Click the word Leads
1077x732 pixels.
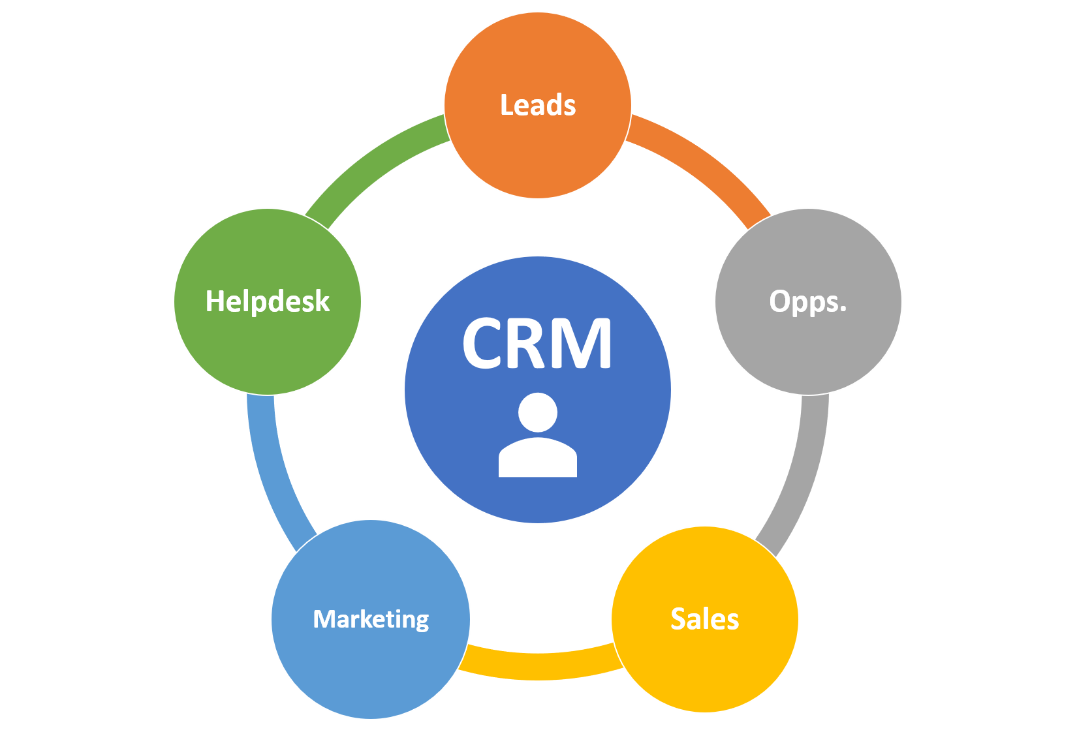coord(538,105)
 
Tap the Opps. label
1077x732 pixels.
coord(807,301)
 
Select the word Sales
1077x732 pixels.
coord(704,618)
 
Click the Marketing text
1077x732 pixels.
coord(371,618)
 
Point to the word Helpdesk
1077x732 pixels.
coord(267,301)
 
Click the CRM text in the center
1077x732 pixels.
coord(537,344)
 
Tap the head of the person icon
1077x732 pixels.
coord(538,412)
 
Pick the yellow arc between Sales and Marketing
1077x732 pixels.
coord(538,666)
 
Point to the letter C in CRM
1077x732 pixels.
coord(484,344)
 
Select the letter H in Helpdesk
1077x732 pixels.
coord(215,301)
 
